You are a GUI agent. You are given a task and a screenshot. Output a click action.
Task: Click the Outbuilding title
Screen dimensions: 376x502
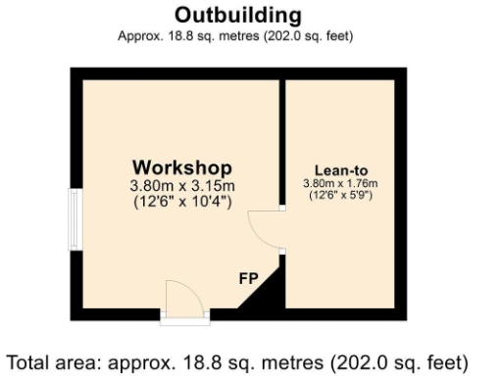237,17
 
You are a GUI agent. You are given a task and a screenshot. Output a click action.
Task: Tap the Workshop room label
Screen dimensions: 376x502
182,165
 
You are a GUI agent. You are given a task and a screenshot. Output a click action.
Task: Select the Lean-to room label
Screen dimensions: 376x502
341,168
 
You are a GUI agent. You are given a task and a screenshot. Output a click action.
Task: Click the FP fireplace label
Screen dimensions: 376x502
248,278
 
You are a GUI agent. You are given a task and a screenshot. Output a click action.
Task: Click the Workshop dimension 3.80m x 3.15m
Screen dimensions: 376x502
182,185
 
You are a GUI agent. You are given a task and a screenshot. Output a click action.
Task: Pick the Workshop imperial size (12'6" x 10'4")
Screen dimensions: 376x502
182,203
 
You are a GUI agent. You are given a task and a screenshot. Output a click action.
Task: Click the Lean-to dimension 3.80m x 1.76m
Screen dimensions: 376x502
341,183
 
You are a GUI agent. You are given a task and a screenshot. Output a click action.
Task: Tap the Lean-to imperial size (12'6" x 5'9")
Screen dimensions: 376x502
341,196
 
